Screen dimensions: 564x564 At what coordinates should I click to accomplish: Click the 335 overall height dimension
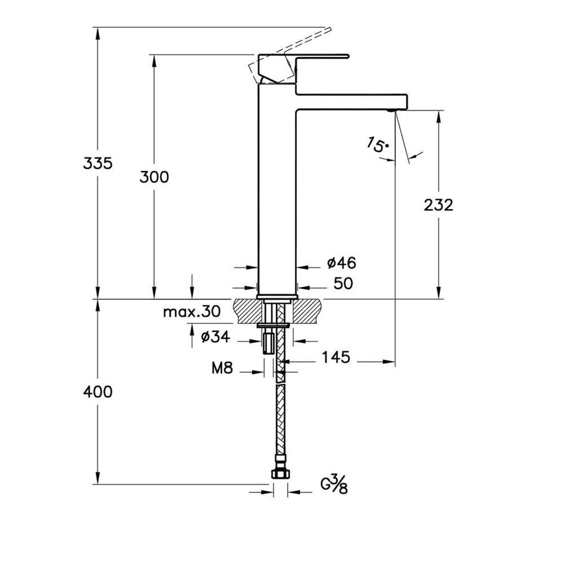tap(98, 163)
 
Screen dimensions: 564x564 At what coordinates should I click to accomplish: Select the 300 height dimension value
tap(154, 177)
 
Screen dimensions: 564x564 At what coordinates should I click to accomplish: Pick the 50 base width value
tap(343, 283)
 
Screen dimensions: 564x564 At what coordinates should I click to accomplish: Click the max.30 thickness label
tap(192, 312)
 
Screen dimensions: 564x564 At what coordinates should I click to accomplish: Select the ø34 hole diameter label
tap(215, 337)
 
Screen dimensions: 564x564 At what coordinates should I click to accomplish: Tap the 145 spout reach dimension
tap(336, 357)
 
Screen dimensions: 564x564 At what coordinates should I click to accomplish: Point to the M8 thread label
tap(223, 368)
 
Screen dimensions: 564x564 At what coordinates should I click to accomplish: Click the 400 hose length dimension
tap(98, 392)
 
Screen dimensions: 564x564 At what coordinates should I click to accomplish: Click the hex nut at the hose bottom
tap(280, 474)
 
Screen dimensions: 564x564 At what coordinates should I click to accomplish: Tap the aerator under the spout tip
tap(391, 111)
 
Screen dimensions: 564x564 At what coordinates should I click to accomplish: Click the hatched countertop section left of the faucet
tap(247, 311)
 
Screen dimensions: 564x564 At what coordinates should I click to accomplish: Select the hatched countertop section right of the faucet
tap(308, 311)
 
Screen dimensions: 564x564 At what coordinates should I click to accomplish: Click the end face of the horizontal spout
tap(407, 102)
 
